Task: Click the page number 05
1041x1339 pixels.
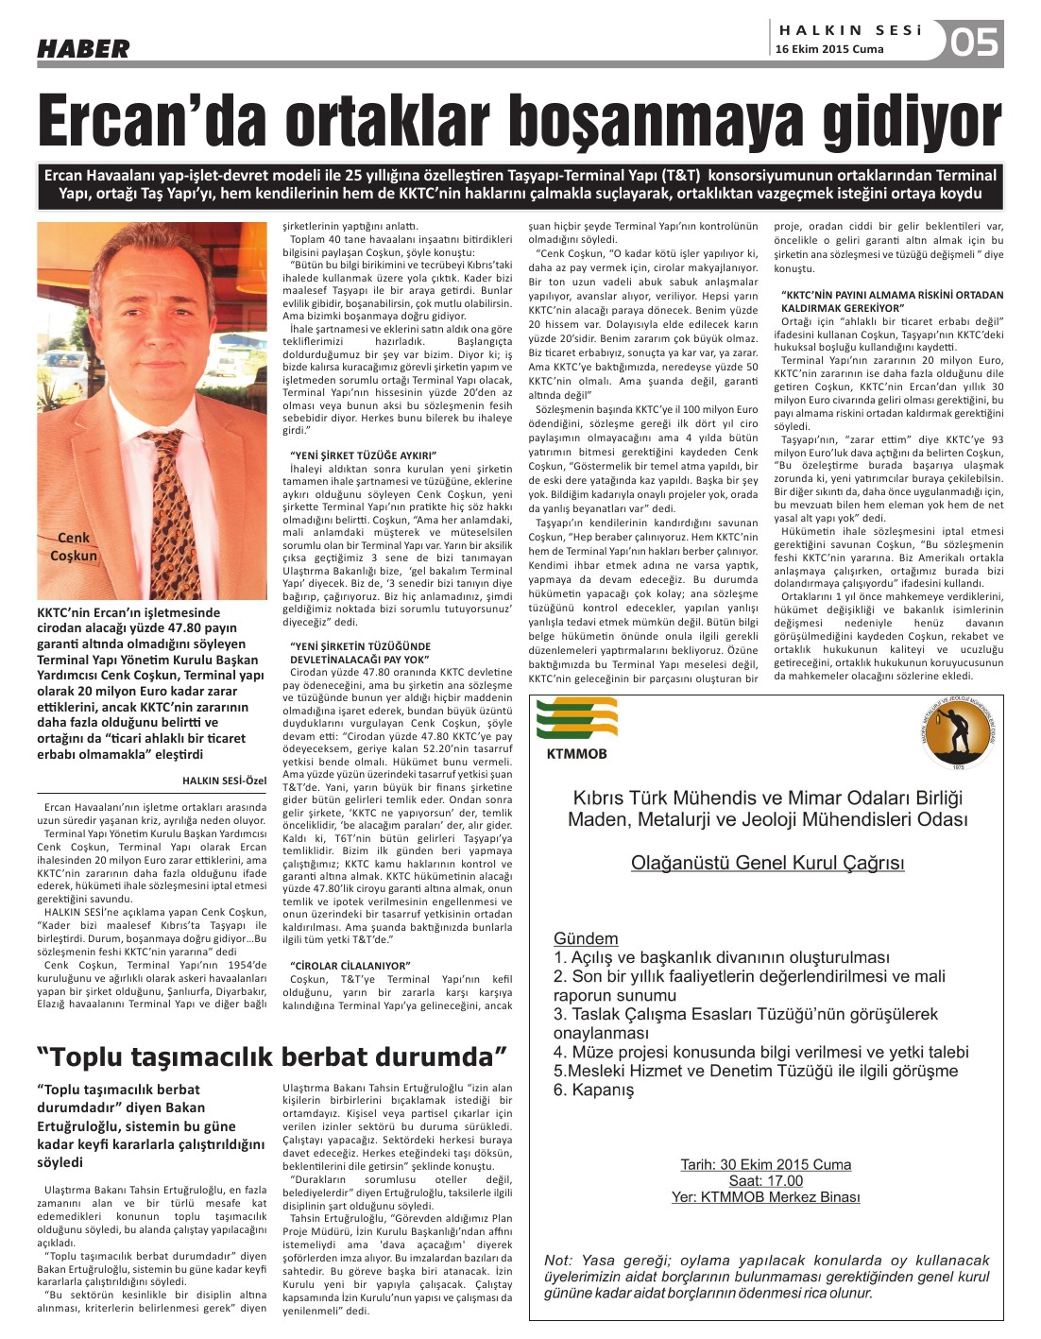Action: tap(973, 43)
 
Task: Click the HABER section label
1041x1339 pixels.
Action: tap(83, 48)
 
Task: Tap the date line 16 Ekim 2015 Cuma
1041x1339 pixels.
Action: tap(829, 49)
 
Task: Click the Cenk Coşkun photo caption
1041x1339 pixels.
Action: tap(74, 546)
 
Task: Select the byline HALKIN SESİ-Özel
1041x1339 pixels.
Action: tap(224, 780)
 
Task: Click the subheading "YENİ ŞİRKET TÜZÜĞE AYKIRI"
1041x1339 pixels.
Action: tap(364, 455)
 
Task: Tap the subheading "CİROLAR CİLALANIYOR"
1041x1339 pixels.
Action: tap(350, 965)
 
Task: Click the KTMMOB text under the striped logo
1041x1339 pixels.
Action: tap(576, 754)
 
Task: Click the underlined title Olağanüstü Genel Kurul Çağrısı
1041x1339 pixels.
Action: tap(767, 863)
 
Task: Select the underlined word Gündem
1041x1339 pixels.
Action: tap(586, 938)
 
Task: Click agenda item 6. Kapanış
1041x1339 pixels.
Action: tap(594, 1090)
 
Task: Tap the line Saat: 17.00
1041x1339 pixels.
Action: tap(766, 1180)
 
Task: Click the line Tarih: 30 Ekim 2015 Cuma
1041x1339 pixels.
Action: tap(766, 1164)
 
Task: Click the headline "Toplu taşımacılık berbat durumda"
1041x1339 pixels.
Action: tap(272, 1056)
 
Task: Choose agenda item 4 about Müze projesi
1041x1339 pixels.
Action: tap(761, 1052)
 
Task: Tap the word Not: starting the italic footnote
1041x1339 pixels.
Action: tap(558, 1260)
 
